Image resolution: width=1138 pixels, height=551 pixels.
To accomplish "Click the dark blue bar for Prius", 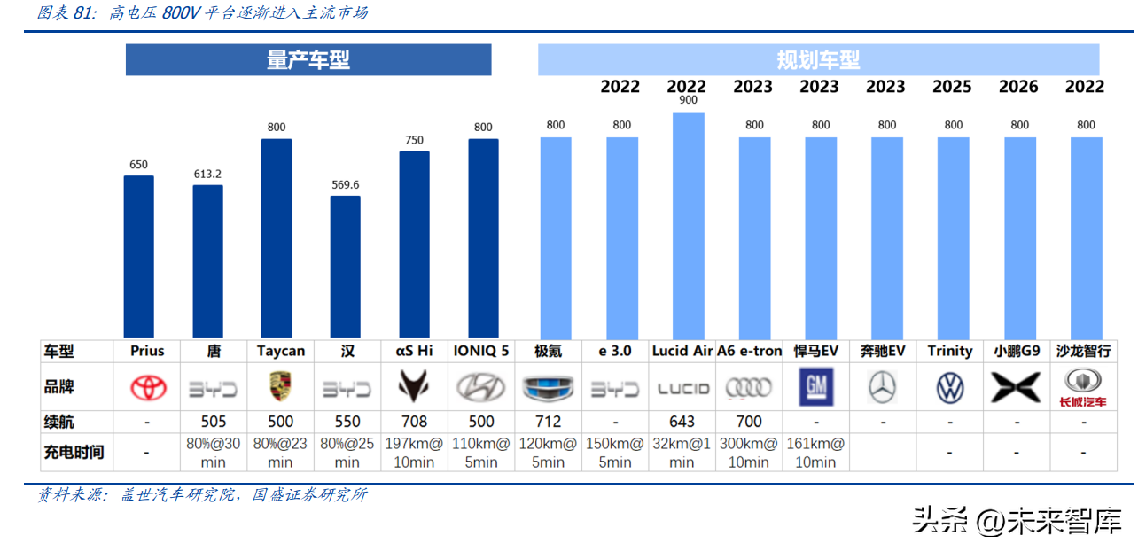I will click(138, 256).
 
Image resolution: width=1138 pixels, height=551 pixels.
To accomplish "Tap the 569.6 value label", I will click(346, 184).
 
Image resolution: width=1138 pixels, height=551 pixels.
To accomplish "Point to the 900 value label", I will click(688, 100).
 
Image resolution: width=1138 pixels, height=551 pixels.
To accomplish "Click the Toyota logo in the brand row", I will click(148, 387).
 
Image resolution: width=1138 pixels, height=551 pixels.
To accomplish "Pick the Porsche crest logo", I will click(280, 387).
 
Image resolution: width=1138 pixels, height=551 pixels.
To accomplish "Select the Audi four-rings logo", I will click(749, 387).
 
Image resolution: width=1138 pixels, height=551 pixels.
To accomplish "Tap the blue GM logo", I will click(815, 387).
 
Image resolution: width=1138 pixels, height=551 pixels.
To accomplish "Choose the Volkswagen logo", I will click(949, 387).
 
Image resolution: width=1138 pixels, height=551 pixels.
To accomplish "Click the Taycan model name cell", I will click(280, 351).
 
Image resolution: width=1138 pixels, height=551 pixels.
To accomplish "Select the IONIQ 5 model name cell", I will click(480, 351).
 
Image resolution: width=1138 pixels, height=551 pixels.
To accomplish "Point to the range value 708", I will click(414, 422).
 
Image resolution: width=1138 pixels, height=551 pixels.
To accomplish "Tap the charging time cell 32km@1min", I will click(682, 452).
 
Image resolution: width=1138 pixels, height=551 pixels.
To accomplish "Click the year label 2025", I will click(952, 87).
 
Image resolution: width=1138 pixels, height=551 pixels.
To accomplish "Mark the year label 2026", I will click(1018, 87).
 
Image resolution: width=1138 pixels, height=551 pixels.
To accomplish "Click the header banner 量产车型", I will click(308, 60).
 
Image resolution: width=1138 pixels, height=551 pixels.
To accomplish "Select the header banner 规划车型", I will click(818, 60).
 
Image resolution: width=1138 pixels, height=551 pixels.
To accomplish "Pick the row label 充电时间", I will click(74, 452).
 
